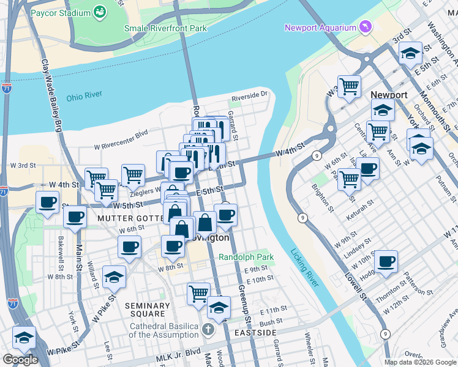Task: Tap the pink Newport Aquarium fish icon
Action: pos(366,28)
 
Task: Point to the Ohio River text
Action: pos(84,96)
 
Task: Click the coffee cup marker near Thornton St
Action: pos(386,262)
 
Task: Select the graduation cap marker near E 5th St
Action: pos(410,53)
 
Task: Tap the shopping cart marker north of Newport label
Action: pos(349,86)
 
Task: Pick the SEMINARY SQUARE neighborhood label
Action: pos(147,310)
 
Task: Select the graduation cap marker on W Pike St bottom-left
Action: pos(24,338)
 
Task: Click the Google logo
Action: pos(21,360)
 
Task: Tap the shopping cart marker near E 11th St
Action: pos(198,294)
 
